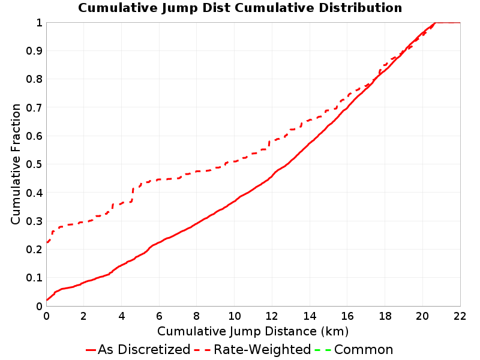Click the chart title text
point(240,8)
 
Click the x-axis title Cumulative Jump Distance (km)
point(253,331)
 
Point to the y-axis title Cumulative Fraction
point(16,164)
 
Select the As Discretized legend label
point(144,350)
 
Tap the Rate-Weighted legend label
point(262,350)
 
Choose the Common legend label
point(364,350)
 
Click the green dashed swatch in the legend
point(323,350)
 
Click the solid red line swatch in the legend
point(91,350)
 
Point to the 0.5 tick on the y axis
point(34,164)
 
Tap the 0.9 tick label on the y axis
point(34,51)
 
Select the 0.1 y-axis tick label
point(34,278)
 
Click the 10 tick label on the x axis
point(234,316)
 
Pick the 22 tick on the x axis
point(460,316)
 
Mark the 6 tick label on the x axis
point(159,316)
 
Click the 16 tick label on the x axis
point(347,316)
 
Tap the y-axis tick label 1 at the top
point(39,23)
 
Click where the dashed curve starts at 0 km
point(47,242)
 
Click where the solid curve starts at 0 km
point(47,299)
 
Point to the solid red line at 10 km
point(235,201)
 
